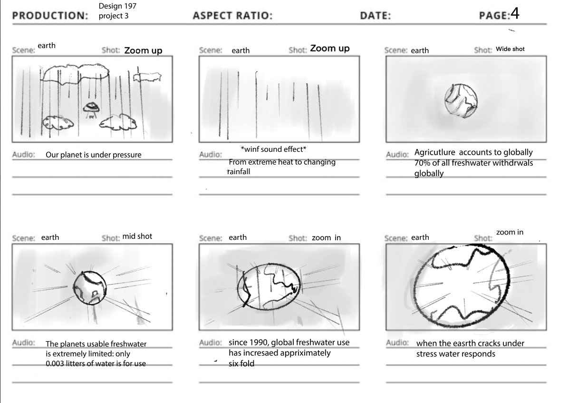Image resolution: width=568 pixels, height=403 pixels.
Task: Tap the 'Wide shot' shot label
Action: [510, 49]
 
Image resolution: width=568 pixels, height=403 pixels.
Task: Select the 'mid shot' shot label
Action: [137, 236]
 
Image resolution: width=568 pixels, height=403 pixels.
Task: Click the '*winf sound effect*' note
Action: [273, 149]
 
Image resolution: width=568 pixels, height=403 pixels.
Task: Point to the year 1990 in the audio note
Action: [259, 342]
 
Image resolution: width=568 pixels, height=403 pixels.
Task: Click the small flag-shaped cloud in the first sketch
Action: [147, 76]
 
